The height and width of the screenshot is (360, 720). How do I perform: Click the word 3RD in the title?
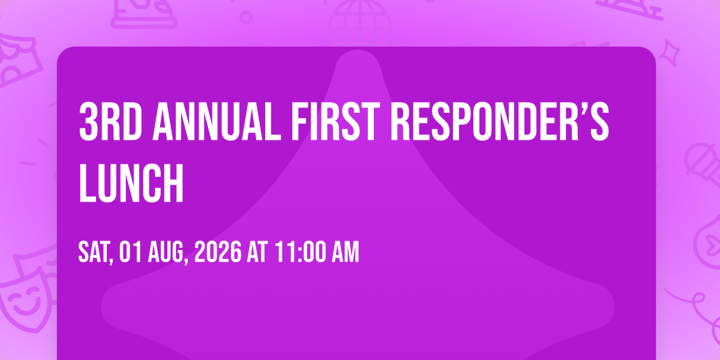point(111,121)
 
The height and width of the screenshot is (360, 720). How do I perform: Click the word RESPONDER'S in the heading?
point(500,121)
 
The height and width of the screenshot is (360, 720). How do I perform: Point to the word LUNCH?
point(131,183)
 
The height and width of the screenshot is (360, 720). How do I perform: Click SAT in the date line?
point(96,253)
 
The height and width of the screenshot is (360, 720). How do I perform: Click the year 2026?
point(218,252)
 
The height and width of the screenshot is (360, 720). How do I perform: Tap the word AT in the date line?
point(257,252)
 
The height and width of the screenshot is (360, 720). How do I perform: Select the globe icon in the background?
point(361,23)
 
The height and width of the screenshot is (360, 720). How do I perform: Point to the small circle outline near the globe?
point(246,17)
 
